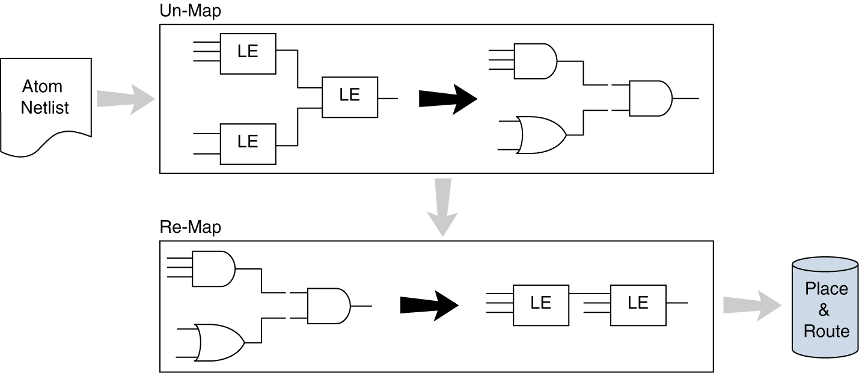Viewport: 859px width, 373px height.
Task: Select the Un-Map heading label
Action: pos(183,11)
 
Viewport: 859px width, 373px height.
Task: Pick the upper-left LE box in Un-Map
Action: pos(248,54)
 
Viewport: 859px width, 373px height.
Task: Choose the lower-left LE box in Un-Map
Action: pos(248,143)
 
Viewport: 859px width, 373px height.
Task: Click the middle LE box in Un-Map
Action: pos(349,97)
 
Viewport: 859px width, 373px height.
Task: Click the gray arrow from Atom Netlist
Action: pos(124,97)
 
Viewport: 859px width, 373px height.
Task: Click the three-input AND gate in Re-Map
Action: pos(213,269)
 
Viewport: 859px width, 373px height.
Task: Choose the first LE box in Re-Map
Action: pos(540,305)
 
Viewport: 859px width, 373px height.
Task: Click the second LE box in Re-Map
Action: pos(638,305)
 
